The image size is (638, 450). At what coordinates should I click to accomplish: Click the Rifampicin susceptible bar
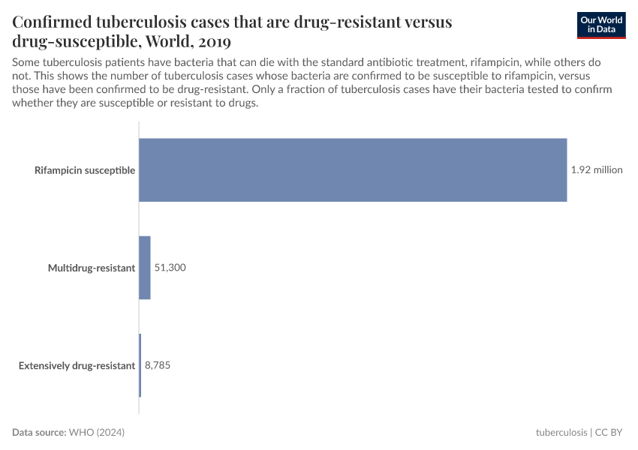point(353,170)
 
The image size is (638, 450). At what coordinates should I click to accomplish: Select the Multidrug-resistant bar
point(145,268)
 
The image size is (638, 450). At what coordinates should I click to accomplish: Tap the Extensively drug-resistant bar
point(140,365)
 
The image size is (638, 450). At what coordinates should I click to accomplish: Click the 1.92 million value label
point(597,170)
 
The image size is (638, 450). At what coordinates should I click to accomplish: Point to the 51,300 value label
point(170,268)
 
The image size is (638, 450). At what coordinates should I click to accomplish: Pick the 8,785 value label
point(158,366)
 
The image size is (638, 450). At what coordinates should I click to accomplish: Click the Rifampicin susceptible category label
point(85,170)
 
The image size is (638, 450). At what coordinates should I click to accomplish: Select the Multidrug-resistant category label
point(92,268)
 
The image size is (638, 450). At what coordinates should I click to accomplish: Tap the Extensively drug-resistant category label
point(77,366)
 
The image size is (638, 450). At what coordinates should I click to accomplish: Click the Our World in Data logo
point(601,25)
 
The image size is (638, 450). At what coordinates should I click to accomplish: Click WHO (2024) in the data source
point(97,433)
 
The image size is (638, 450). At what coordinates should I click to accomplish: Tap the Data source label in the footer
point(39,433)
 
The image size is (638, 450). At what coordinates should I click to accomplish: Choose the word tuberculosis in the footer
point(561,433)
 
